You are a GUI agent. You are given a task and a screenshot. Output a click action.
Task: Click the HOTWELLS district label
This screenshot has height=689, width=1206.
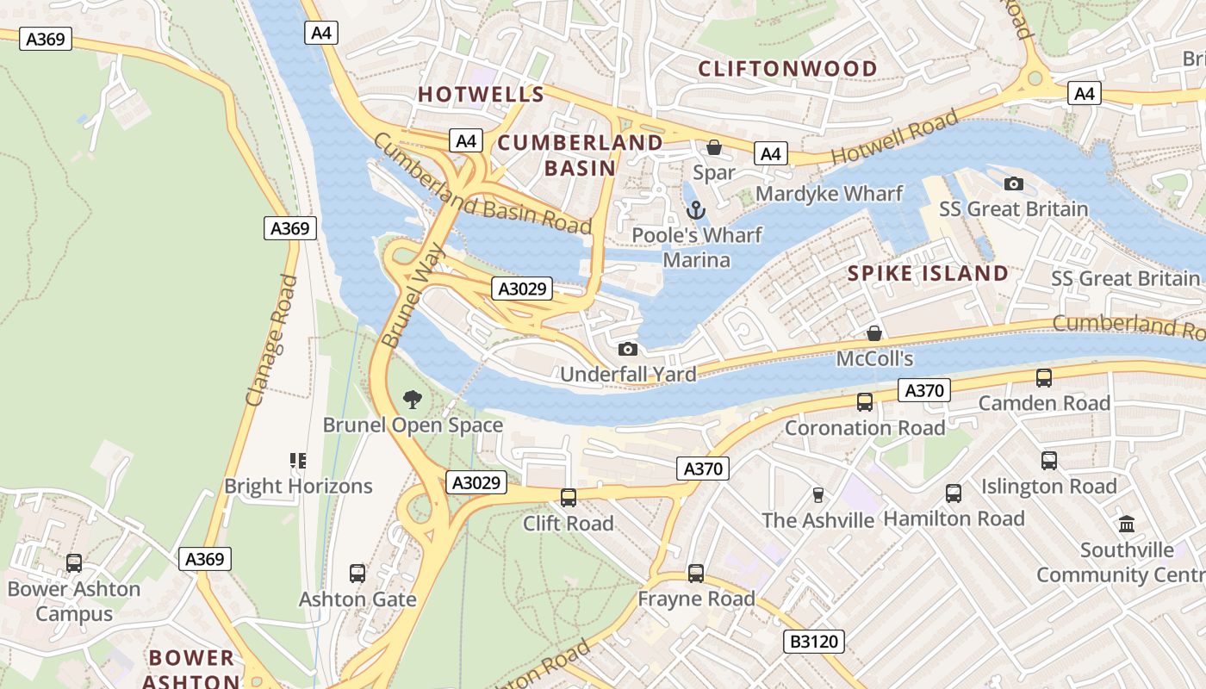point(481,95)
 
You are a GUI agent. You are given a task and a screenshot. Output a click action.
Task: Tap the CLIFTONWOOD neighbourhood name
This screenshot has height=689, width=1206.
point(787,69)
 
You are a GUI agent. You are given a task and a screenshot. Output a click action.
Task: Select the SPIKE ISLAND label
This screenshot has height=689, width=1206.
point(928,274)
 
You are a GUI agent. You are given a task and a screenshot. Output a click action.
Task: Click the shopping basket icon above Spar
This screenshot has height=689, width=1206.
point(713,148)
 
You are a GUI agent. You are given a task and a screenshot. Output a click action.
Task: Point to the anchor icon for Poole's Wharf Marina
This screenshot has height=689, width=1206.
point(695,210)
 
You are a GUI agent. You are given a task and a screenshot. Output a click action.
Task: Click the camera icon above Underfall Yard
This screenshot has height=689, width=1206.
point(628,349)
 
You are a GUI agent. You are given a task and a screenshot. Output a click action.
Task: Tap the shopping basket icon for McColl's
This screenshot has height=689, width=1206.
point(874,333)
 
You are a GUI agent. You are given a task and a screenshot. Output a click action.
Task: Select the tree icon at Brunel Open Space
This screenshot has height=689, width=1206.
point(413,399)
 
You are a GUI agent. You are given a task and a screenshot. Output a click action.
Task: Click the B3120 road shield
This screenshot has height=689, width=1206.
point(813,642)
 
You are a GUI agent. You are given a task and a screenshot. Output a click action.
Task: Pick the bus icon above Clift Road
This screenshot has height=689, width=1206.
point(569,498)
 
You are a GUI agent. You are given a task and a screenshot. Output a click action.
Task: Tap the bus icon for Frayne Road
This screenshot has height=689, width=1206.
point(696,574)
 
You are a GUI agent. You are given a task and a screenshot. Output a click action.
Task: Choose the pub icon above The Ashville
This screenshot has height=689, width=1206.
point(818,495)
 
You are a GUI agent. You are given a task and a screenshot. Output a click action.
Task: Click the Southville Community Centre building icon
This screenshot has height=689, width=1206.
point(1127,524)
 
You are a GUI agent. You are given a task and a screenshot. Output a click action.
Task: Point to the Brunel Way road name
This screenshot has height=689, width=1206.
point(413,295)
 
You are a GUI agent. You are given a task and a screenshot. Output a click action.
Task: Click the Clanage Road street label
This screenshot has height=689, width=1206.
point(271,340)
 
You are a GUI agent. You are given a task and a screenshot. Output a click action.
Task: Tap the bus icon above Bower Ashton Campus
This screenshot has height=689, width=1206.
point(74,563)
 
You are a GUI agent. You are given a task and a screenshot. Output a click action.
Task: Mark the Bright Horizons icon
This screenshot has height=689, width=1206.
point(298,461)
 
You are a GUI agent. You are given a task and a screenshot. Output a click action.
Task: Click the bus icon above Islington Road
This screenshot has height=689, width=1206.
point(1048,461)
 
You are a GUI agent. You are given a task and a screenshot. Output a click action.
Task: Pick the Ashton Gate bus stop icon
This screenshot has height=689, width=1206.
point(357,574)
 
